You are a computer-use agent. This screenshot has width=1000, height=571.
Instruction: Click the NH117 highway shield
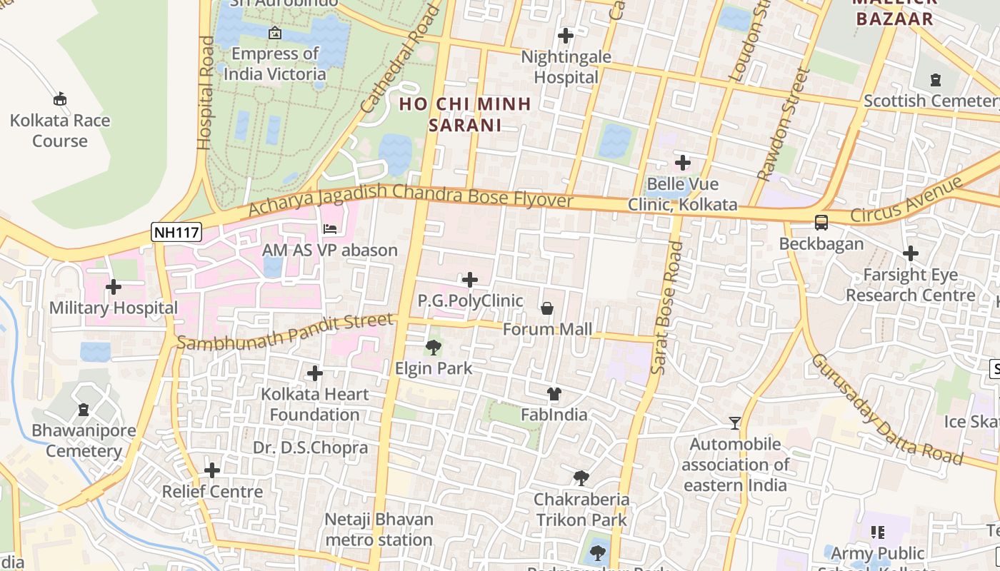[x=176, y=231]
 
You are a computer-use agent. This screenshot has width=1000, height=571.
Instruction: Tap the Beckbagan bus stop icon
[x=821, y=223]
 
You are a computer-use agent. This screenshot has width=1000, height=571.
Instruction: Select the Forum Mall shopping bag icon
[x=547, y=308]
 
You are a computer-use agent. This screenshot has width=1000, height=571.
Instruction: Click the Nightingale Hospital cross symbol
[x=566, y=35]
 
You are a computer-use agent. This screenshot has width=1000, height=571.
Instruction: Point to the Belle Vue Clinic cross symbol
[x=683, y=163]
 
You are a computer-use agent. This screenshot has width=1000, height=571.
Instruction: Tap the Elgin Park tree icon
[x=433, y=348]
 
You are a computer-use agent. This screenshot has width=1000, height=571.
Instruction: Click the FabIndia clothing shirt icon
[x=554, y=393]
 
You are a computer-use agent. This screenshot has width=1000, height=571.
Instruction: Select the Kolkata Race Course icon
[x=60, y=99]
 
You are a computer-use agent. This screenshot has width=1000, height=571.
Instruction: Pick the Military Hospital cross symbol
[x=113, y=287]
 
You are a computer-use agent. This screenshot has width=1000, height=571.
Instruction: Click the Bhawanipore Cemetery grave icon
[x=84, y=410]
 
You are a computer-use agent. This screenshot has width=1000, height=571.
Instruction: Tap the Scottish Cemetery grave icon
[x=936, y=79]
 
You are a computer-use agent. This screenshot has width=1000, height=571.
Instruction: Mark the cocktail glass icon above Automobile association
[x=734, y=423]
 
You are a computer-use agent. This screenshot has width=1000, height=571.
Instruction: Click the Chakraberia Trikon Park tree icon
[x=581, y=477]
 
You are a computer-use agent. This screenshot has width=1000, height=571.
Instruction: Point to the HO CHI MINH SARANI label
[x=464, y=114]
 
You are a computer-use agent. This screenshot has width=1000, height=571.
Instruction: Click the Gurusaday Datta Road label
[x=886, y=409]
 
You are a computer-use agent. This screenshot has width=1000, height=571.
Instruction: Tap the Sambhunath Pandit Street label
[x=286, y=332]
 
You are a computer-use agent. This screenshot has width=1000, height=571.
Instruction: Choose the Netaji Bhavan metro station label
[x=379, y=530]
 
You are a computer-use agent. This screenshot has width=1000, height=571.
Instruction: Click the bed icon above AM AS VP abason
[x=330, y=229]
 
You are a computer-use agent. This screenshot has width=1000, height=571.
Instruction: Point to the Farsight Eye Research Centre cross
[x=910, y=253]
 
